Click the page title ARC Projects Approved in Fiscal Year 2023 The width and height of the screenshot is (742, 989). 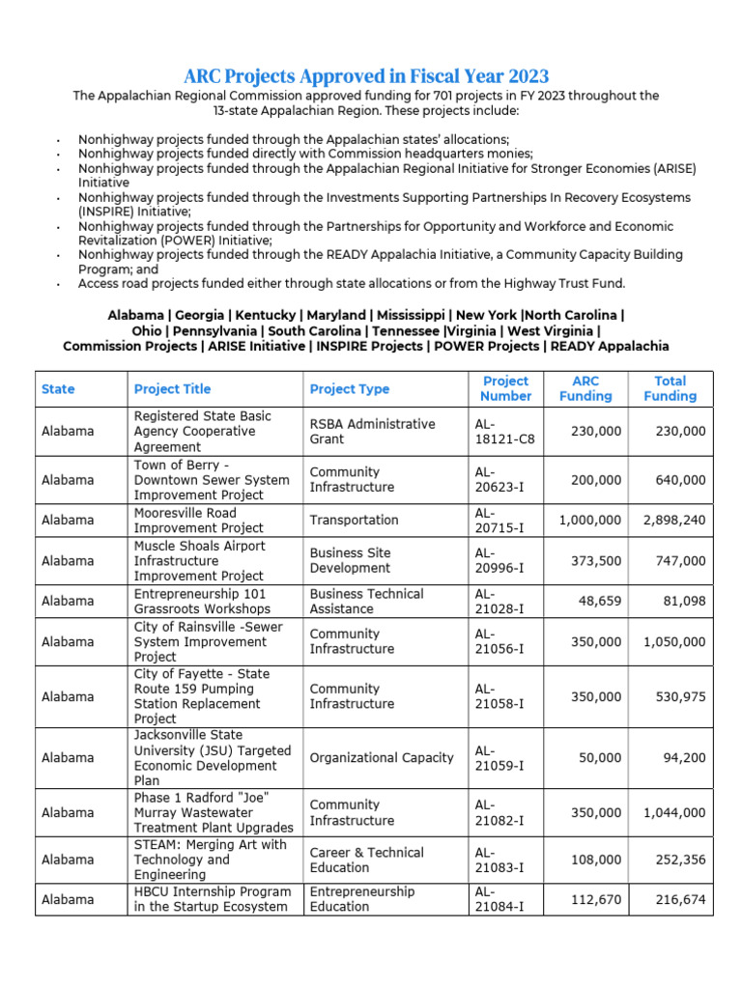[366, 76]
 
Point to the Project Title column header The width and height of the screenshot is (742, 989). [172, 388]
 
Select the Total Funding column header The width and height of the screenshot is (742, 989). [670, 388]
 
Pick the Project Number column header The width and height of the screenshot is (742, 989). [506, 388]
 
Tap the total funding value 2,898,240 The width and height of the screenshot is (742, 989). [674, 520]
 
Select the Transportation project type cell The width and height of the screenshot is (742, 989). [354, 520]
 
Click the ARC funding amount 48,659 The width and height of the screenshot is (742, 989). [599, 601]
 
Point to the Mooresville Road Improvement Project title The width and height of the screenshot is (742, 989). [198, 520]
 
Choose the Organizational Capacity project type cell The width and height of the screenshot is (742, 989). [381, 757]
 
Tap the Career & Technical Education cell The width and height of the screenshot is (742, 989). [366, 860]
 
